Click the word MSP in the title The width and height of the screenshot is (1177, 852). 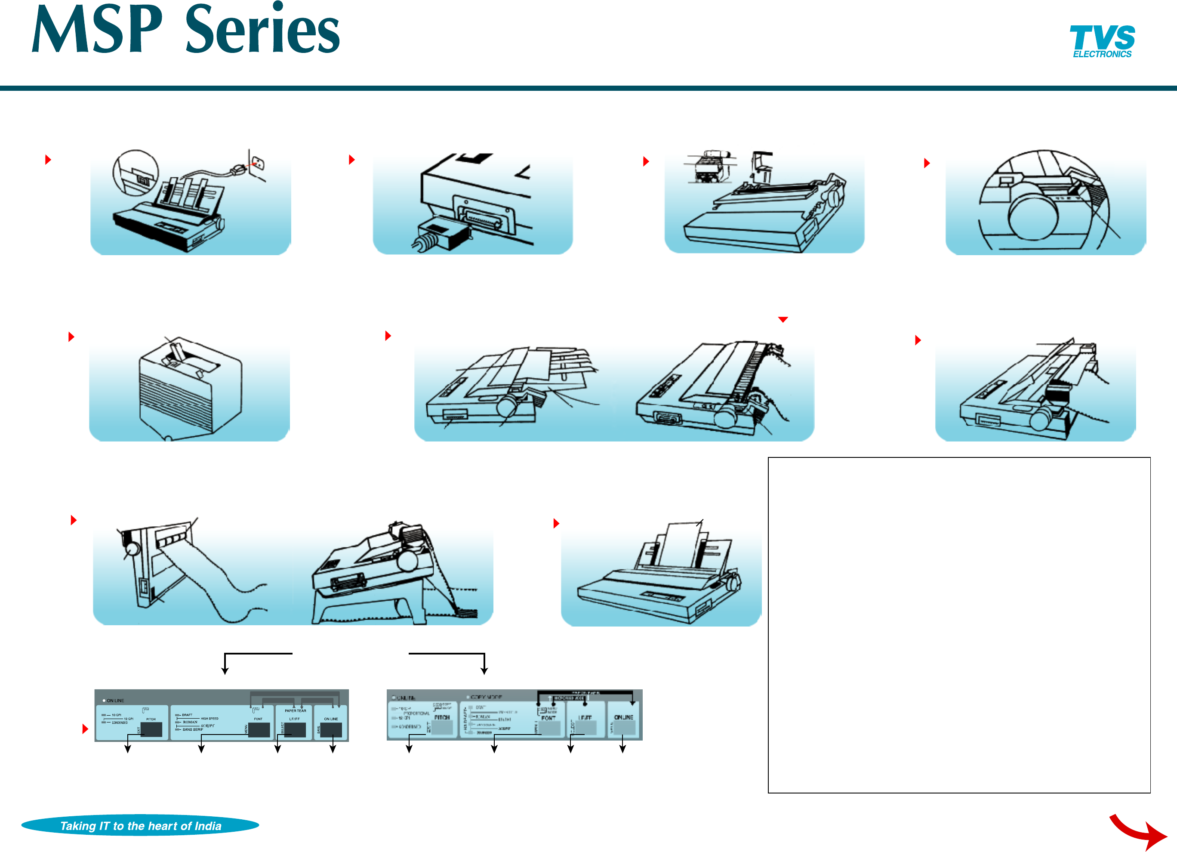[97, 30]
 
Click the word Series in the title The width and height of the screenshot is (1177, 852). [262, 30]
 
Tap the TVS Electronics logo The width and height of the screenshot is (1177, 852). [1102, 41]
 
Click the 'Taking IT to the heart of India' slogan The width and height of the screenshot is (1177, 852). [140, 825]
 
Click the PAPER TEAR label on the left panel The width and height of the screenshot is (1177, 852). [295, 711]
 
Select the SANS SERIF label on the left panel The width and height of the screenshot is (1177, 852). [193, 729]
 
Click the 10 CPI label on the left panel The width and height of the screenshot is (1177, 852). [116, 715]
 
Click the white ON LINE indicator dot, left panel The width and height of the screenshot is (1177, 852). [104, 701]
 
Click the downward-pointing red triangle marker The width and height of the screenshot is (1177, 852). [783, 320]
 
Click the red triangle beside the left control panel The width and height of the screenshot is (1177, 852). [85, 729]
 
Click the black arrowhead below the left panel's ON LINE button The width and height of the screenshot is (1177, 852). [333, 749]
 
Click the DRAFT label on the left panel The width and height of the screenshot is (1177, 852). [187, 715]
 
